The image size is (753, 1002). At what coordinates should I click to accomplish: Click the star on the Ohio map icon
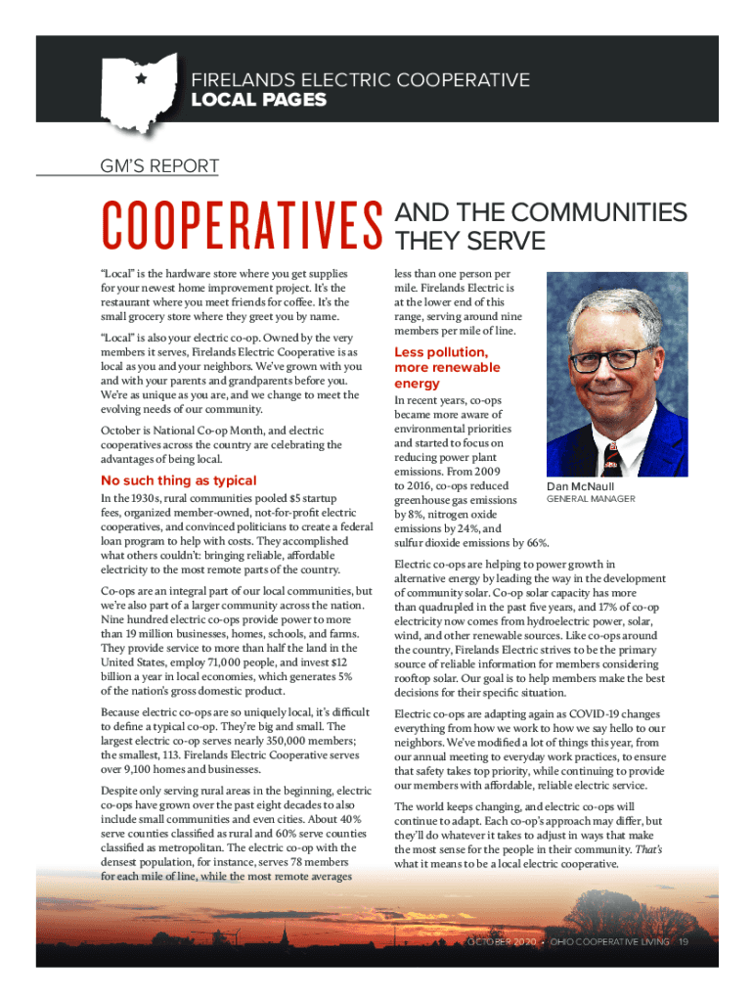click(x=141, y=78)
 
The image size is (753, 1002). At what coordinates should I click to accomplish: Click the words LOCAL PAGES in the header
click(x=259, y=101)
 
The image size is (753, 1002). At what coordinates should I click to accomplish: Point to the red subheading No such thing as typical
click(x=179, y=480)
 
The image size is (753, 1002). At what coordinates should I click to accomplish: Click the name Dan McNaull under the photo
click(x=580, y=486)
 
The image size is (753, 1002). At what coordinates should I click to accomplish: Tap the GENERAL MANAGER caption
click(x=590, y=499)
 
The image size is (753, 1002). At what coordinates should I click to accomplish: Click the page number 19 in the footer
click(x=684, y=941)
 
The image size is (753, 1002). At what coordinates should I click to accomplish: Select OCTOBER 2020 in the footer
click(x=503, y=941)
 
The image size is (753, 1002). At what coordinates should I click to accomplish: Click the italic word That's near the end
click(x=648, y=850)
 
